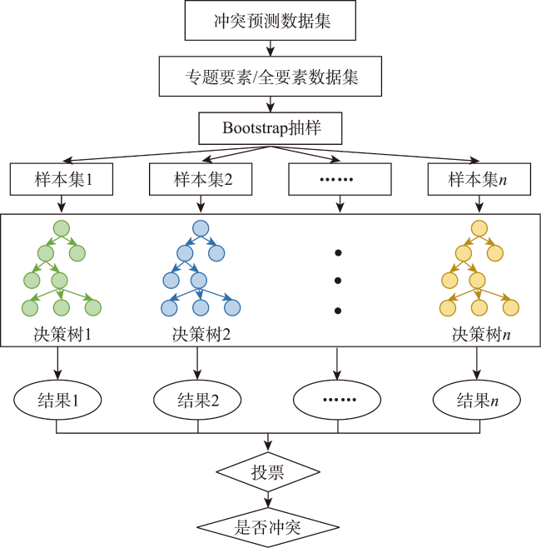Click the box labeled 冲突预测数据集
click(x=270, y=20)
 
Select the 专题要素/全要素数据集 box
click(x=270, y=76)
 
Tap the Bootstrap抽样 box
click(x=270, y=128)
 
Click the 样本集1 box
click(x=62, y=179)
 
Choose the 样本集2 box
click(x=201, y=179)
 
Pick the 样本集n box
click(x=479, y=179)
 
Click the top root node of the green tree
click(x=62, y=228)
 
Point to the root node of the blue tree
click(x=201, y=228)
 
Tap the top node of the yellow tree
click(x=479, y=228)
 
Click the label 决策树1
click(x=62, y=335)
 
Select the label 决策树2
click(x=201, y=335)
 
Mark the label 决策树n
click(x=481, y=335)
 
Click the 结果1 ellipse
click(x=57, y=400)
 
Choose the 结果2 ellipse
click(x=197, y=400)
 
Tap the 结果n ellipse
click(x=477, y=400)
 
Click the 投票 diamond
click(x=268, y=472)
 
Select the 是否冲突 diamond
click(x=268, y=527)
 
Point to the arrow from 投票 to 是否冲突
click(x=268, y=500)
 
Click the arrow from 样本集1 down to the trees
click(x=62, y=204)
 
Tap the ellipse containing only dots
click(x=337, y=400)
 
